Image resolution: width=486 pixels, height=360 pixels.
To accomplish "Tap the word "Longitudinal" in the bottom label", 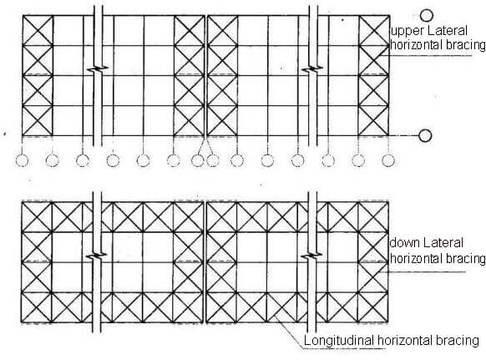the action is point(339,341).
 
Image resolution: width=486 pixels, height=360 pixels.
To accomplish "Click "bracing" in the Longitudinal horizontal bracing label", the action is point(458,341).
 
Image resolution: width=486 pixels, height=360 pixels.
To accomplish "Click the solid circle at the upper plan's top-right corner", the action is point(427,16).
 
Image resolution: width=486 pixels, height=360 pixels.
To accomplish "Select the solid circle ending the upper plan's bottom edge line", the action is point(425,135).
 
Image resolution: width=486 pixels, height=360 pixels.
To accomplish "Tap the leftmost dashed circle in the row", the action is point(22,160).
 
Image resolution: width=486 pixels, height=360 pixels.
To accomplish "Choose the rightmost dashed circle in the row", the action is point(388,160).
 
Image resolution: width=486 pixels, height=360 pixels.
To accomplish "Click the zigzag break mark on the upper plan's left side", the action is point(98,68).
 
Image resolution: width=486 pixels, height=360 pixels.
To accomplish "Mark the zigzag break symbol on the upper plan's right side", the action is point(312,68).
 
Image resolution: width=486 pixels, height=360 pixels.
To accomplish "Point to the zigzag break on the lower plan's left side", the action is point(97,256).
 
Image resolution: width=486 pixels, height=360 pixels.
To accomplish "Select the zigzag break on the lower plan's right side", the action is point(312,256).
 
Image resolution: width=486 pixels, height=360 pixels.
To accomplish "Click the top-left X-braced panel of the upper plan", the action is point(38,31).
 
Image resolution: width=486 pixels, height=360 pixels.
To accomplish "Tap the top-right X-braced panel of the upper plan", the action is point(374,31).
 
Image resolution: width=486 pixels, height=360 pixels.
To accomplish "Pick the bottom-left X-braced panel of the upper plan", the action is point(38,121).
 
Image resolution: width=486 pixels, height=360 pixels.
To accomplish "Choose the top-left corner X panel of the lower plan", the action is point(37,217).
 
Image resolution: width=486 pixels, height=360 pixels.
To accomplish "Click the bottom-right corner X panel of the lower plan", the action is point(373,307).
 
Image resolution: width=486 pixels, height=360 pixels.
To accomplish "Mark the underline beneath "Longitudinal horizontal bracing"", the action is point(344,349).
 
